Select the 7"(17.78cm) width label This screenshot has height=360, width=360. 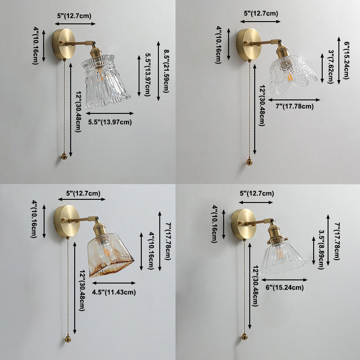pos(294,106)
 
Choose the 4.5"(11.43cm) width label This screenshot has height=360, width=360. pos(114,292)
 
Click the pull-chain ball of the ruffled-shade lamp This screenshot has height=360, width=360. pos(64,156)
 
